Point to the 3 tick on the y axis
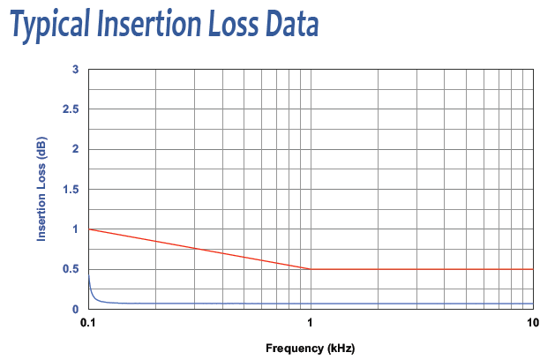(x=76, y=69)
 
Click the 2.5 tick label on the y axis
(x=71, y=109)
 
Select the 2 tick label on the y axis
(x=76, y=149)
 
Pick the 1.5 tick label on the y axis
(x=71, y=190)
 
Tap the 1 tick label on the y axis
(x=76, y=229)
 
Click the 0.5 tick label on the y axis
(x=71, y=269)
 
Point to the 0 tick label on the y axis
(x=76, y=309)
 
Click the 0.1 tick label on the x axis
(x=88, y=324)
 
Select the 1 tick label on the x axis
(x=311, y=324)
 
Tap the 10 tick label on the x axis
(x=532, y=324)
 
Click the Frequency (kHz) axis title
(x=311, y=349)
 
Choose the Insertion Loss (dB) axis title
(x=41, y=189)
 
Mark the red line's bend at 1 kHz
(x=311, y=269)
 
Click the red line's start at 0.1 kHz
(x=89, y=229)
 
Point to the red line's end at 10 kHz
(x=533, y=269)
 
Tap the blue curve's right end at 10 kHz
(x=533, y=304)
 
